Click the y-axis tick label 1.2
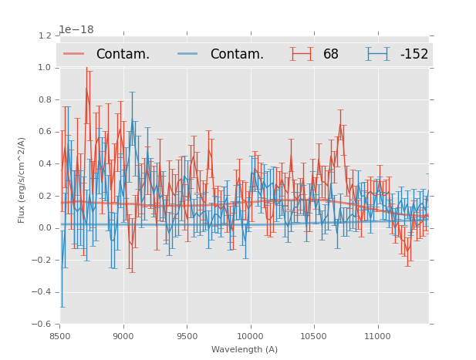pyautogui.click(x=45, y=35)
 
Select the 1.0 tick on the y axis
pyautogui.click(x=45, y=68)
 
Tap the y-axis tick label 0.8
pyautogui.click(x=45, y=99)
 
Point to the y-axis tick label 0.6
pyautogui.click(x=45, y=132)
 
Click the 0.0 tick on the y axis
pyautogui.click(x=45, y=228)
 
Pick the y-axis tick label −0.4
pyautogui.click(x=42, y=292)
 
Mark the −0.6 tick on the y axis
pyautogui.click(x=42, y=324)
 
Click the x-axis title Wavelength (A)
pyautogui.click(x=245, y=349)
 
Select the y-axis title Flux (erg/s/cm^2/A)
pyautogui.click(x=22, y=180)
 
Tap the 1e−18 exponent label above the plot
pyautogui.click(x=76, y=30)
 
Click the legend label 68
pyautogui.click(x=331, y=55)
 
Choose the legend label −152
pyautogui.click(x=414, y=55)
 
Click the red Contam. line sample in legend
pyautogui.click(x=74, y=54)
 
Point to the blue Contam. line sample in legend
pyautogui.click(x=188, y=54)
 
